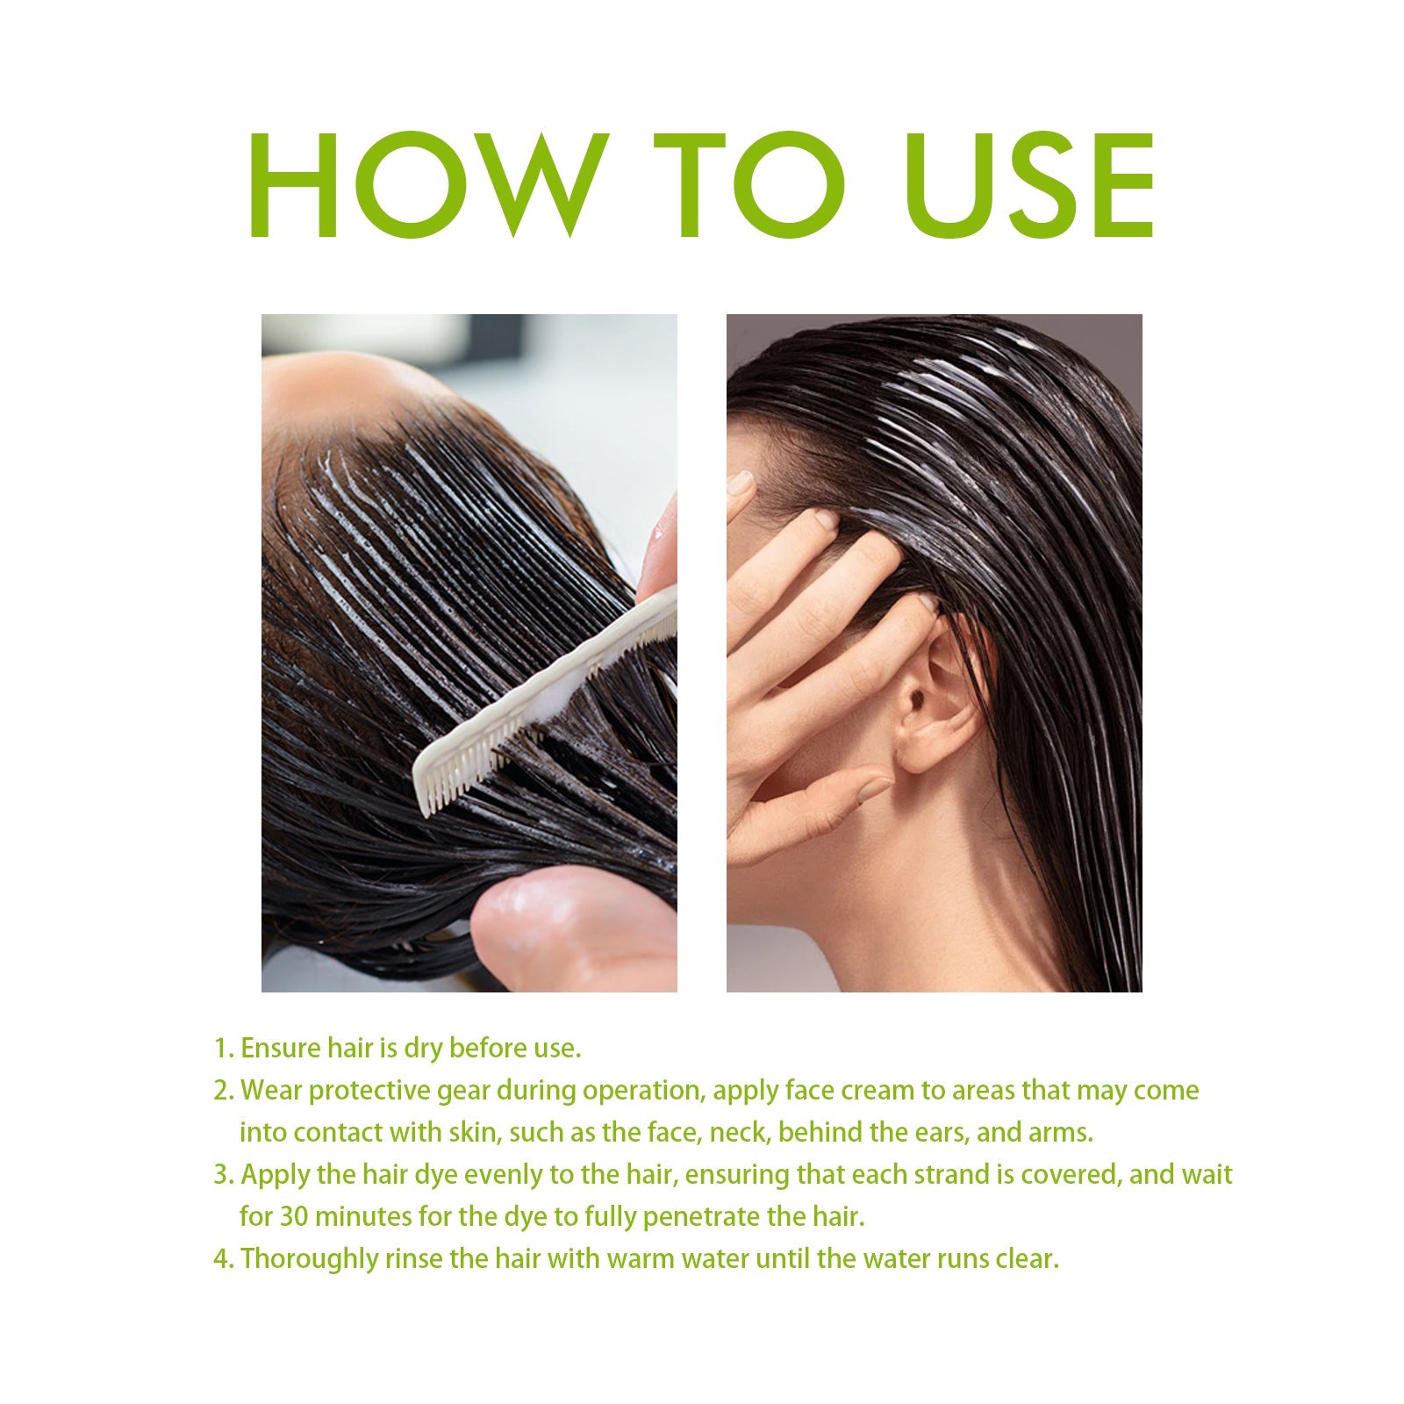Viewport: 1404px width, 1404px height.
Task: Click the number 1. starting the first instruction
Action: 224,1049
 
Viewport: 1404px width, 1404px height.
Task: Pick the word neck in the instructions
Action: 738,1133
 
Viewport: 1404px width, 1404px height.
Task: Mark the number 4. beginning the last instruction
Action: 224,1259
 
